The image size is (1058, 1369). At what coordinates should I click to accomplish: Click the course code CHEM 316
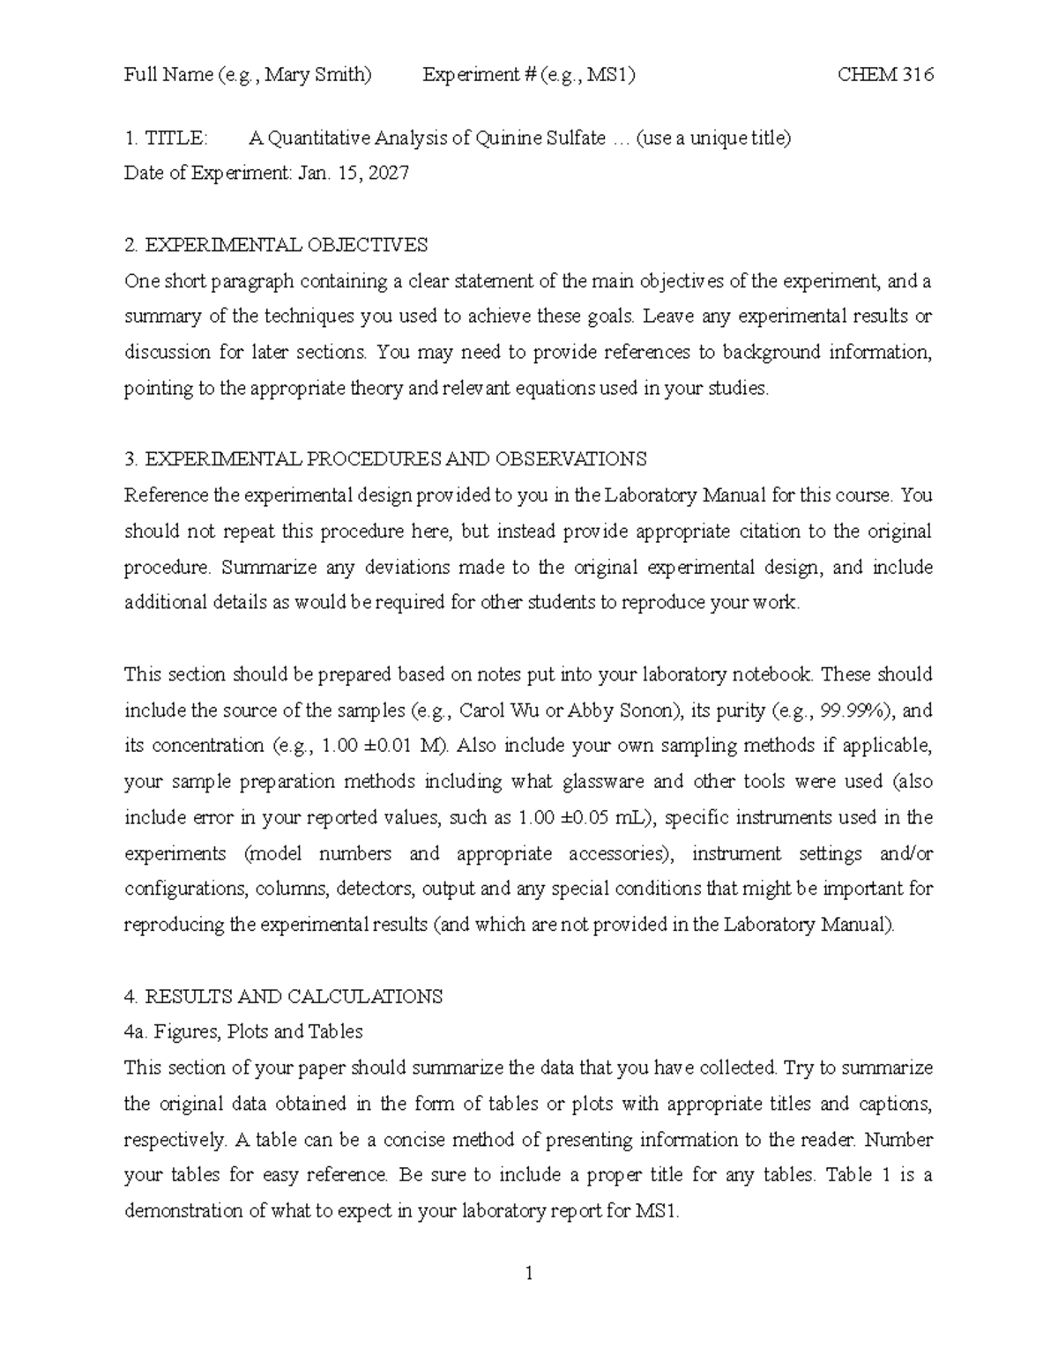pyautogui.click(x=884, y=75)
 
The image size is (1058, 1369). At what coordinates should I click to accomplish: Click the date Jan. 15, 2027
pyautogui.click(x=354, y=174)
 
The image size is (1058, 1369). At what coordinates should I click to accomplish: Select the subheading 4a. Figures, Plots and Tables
pyautogui.click(x=243, y=1031)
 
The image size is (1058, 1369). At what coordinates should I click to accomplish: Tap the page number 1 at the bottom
pyautogui.click(x=528, y=1273)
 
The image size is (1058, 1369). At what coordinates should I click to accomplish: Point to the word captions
pyautogui.click(x=893, y=1104)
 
